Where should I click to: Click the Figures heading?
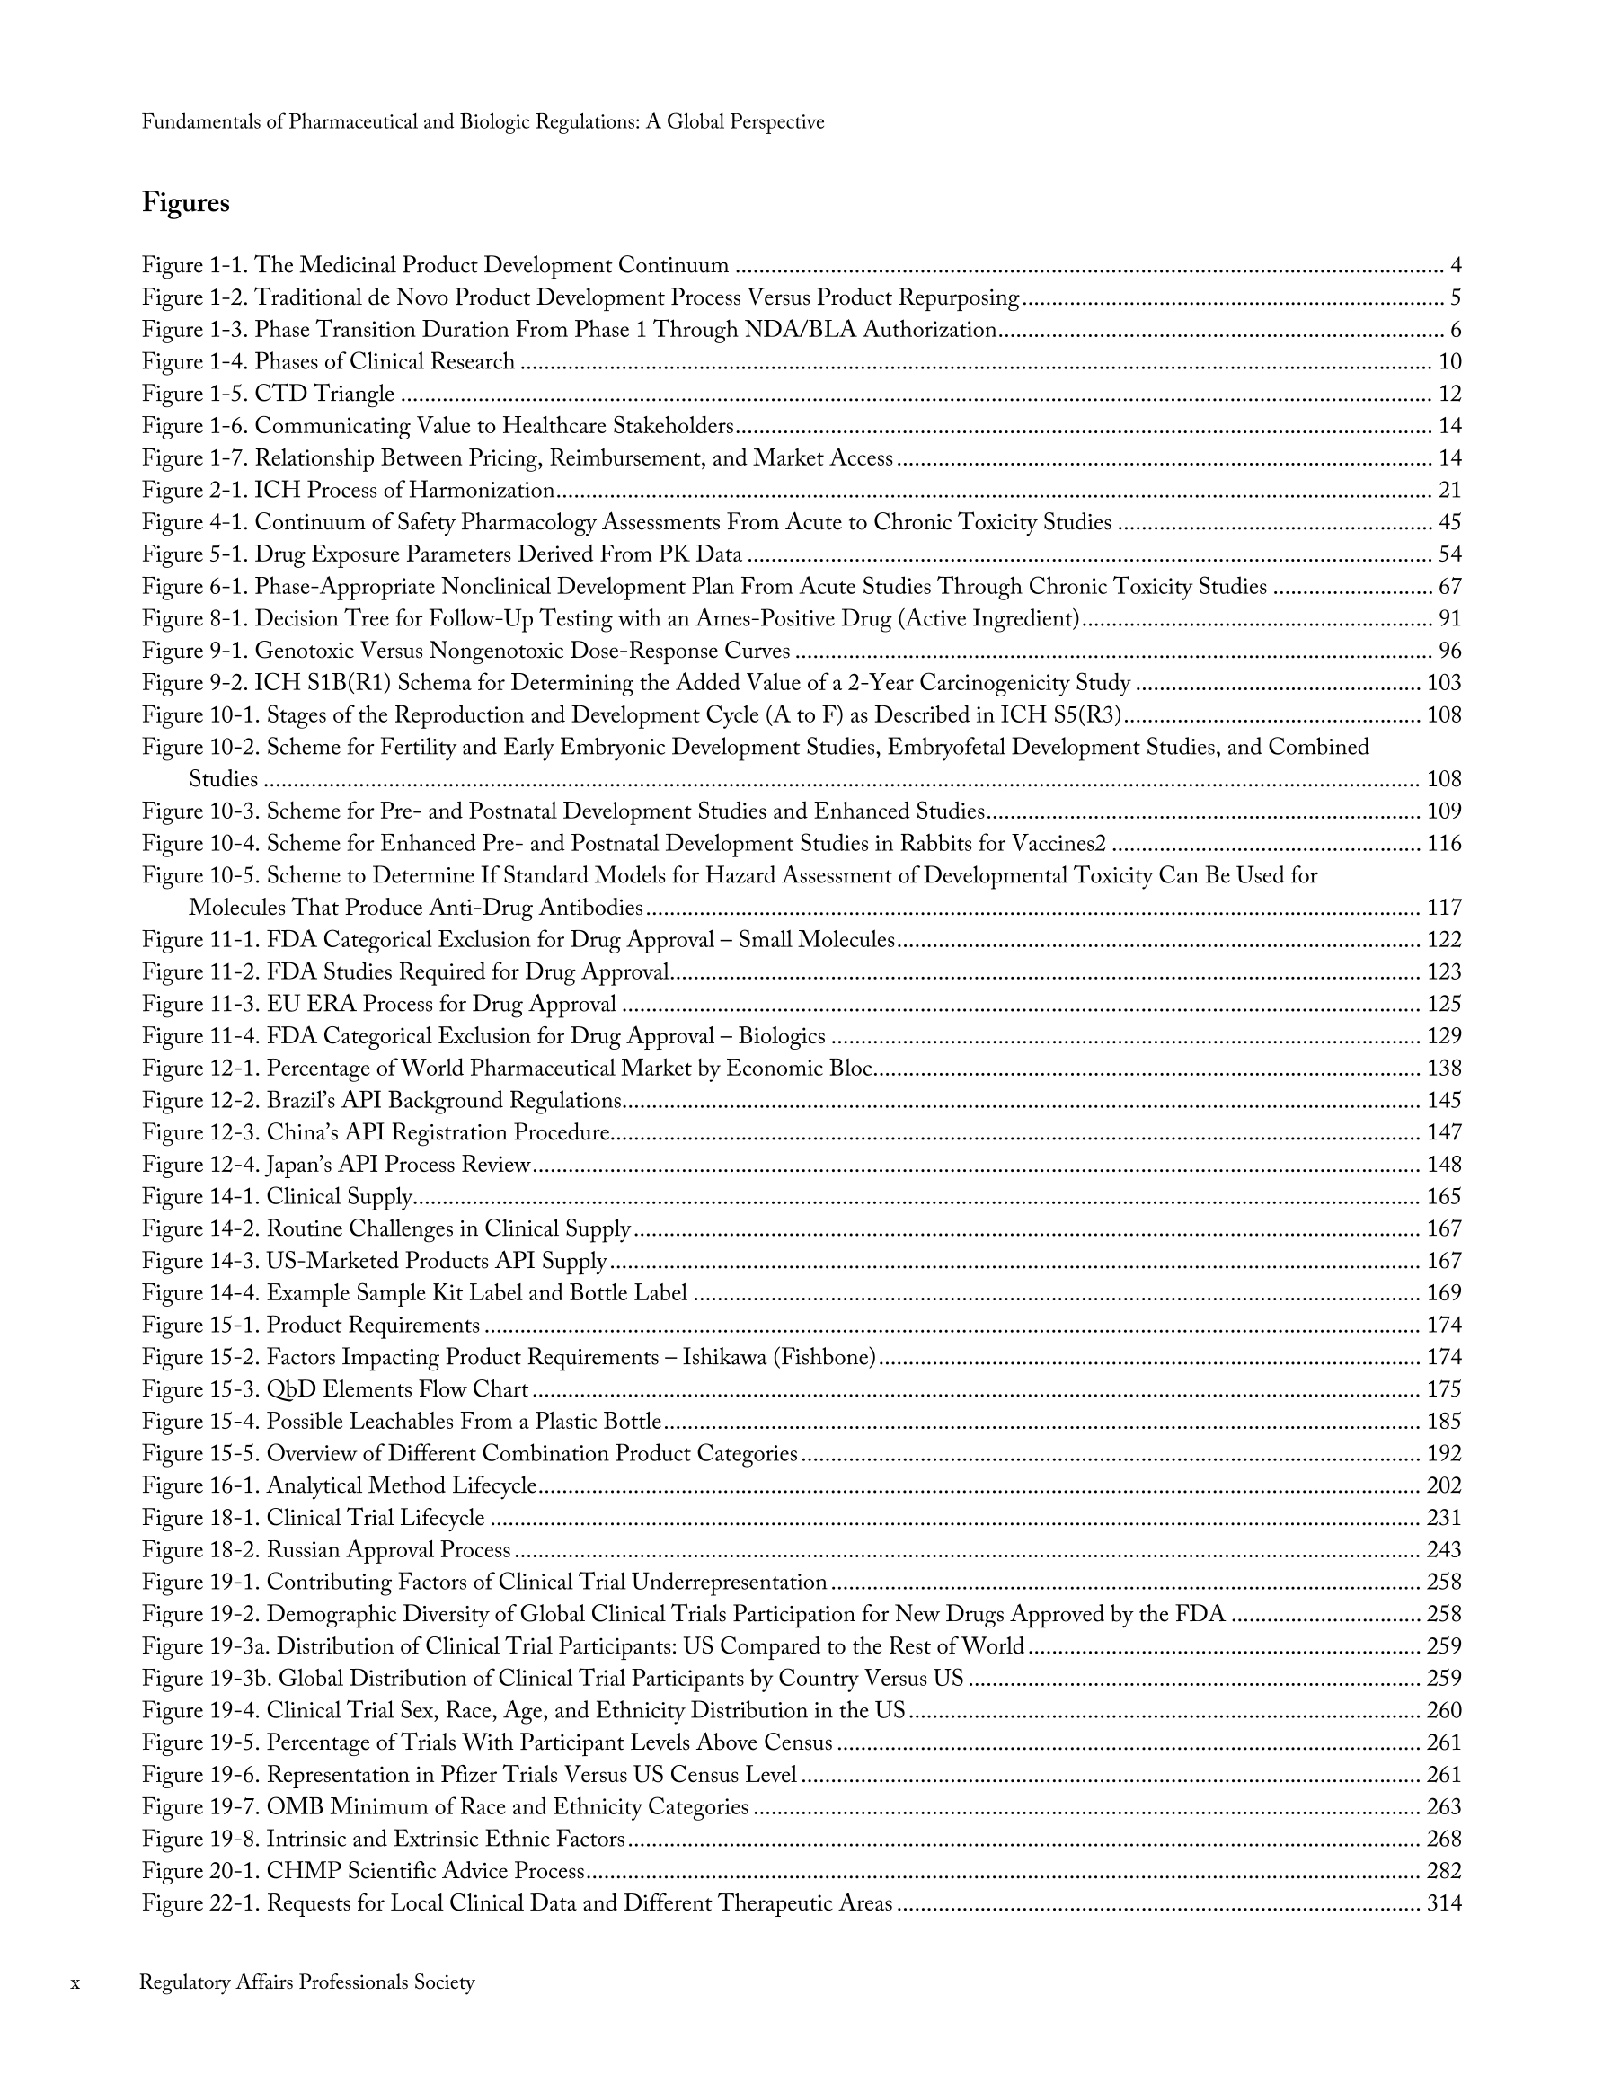pos(185,203)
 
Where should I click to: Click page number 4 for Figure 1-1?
pos(1455,266)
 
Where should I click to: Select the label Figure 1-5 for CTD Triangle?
pos(195,395)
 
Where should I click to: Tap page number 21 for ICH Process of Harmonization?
pos(1449,491)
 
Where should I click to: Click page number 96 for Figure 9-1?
pos(1449,651)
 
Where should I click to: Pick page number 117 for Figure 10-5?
pos(1444,908)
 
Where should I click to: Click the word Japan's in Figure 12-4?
pos(297,1165)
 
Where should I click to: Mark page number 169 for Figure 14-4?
pos(1444,1293)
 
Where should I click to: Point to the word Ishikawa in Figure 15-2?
pos(724,1358)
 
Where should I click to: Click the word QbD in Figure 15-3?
pos(291,1390)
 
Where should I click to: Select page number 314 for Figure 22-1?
pos(1444,1903)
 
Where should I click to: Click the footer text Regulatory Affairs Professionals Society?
pos(307,1982)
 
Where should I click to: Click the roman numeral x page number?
pos(76,1982)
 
